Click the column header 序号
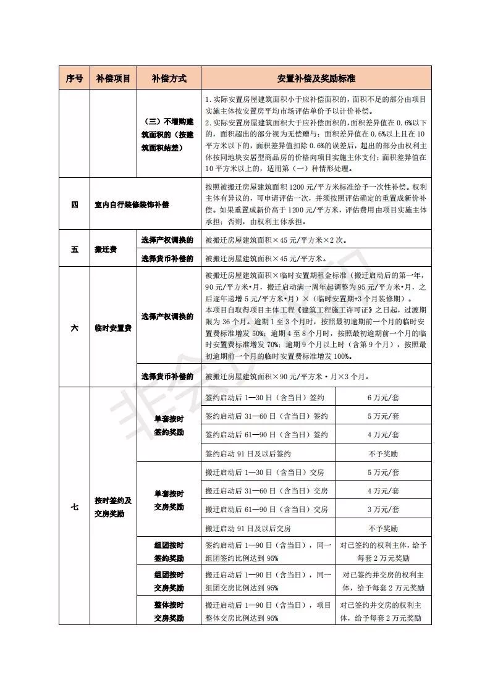pos(74,78)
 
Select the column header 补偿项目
pos(113,78)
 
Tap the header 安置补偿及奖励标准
pos(316,78)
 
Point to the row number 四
pos(74,204)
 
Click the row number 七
pos(74,506)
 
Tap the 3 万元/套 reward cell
pos(383,510)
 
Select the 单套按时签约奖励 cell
pos(168,425)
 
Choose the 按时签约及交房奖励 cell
pos(112,506)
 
